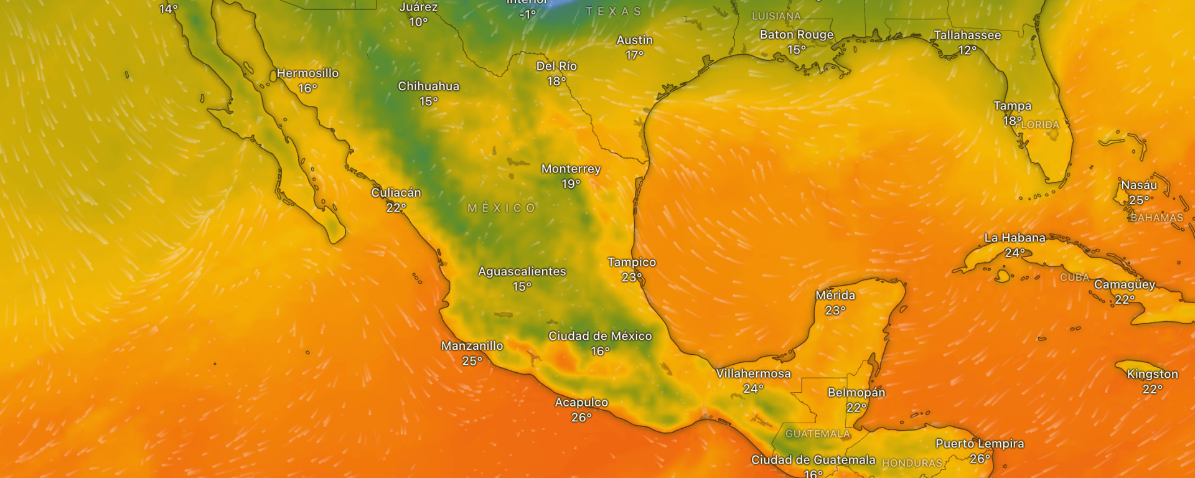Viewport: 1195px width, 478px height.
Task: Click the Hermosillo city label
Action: (x=307, y=73)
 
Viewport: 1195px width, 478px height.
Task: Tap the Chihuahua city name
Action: (x=428, y=87)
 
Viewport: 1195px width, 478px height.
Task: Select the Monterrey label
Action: (x=571, y=169)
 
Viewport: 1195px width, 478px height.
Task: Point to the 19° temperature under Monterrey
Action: (x=571, y=184)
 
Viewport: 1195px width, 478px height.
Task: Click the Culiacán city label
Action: (x=396, y=193)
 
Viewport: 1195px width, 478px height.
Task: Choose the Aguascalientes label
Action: (x=522, y=271)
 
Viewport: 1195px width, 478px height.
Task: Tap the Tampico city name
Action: (x=632, y=263)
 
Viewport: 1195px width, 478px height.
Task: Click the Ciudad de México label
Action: (x=600, y=336)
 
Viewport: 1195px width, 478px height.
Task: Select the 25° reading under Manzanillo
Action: (x=472, y=361)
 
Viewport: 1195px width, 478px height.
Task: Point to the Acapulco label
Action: (x=581, y=403)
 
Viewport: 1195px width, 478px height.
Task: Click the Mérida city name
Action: (x=835, y=296)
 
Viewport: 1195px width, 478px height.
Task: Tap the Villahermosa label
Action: (x=753, y=373)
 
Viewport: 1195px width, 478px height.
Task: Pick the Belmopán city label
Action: (x=856, y=393)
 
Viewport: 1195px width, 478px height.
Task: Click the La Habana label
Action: (x=1015, y=238)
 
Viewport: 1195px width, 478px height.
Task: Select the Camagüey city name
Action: (x=1124, y=284)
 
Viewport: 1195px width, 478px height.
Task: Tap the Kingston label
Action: (x=1152, y=374)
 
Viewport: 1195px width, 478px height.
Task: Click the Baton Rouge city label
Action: (x=796, y=35)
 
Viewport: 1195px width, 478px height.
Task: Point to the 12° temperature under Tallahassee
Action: (x=967, y=50)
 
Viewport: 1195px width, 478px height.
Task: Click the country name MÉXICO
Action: (x=502, y=208)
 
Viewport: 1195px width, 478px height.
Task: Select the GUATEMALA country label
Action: (x=817, y=434)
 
